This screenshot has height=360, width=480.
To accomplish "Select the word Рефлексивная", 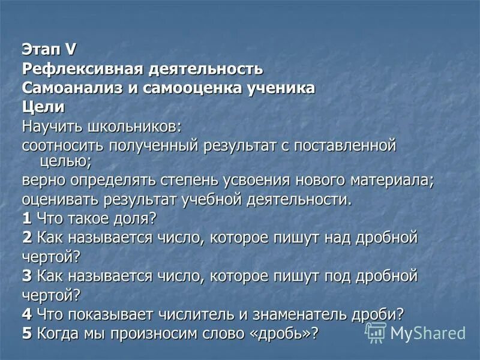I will click(82, 68).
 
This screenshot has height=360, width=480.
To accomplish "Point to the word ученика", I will click(282, 88).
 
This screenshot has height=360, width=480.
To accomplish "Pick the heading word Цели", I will click(43, 107).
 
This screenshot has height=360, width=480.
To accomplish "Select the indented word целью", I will click(65, 161).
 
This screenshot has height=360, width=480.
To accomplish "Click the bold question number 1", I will click(27, 218).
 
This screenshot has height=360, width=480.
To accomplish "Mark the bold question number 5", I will click(27, 333).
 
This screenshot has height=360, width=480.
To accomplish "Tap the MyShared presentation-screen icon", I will click(376, 332).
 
